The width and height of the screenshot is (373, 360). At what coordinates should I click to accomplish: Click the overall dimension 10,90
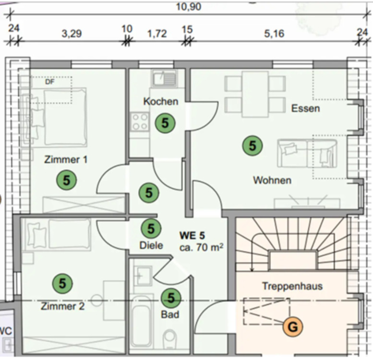[188, 6]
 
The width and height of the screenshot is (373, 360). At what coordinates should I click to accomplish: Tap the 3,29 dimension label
[72, 34]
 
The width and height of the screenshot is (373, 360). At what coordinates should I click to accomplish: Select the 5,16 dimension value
[274, 34]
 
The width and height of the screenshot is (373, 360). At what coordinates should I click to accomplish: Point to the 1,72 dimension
[157, 34]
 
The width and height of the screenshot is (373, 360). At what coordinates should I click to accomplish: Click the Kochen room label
[160, 102]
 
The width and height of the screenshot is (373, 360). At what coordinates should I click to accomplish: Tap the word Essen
[305, 108]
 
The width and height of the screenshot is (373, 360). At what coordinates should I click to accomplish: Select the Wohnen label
[272, 180]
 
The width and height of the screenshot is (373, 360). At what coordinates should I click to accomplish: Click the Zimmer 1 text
[66, 159]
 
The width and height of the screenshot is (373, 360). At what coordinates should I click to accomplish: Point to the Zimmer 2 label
[62, 306]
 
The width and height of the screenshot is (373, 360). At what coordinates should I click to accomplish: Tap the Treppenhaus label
[292, 286]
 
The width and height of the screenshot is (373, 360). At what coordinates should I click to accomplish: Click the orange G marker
[293, 327]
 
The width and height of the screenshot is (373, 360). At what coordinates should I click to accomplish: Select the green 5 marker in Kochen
[165, 123]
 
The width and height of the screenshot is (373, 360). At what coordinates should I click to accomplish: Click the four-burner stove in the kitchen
[140, 122]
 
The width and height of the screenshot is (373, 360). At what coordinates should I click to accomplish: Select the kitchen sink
[165, 78]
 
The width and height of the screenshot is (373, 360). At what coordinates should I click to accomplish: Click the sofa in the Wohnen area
[307, 153]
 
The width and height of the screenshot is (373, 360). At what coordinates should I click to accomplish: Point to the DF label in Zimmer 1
[49, 82]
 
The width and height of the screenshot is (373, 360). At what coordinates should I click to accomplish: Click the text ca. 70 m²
[201, 248]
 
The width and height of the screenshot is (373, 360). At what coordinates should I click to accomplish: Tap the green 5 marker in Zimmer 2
[62, 283]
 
